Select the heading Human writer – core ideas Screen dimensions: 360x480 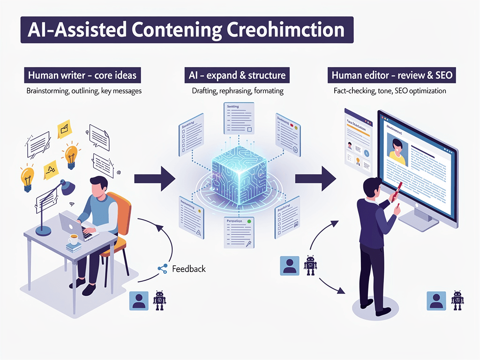[82, 75]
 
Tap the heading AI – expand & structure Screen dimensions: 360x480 [238, 75]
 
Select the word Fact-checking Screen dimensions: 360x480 [353, 90]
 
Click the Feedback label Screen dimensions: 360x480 [188, 269]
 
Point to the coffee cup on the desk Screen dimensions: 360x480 [73, 240]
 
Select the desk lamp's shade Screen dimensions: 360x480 [67, 187]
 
